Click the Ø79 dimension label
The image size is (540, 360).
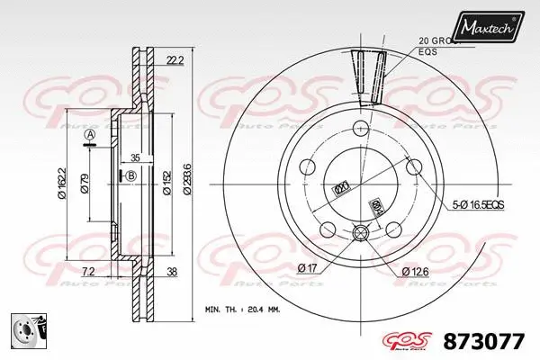(x=85, y=184)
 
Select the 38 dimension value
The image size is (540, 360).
(x=171, y=271)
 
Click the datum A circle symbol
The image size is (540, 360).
(x=88, y=136)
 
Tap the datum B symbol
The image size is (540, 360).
(x=130, y=175)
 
